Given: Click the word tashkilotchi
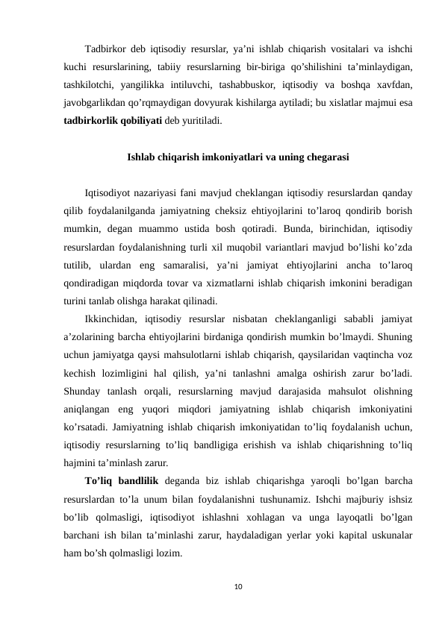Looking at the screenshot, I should point(89,85).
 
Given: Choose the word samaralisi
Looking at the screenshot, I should point(197,264).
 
